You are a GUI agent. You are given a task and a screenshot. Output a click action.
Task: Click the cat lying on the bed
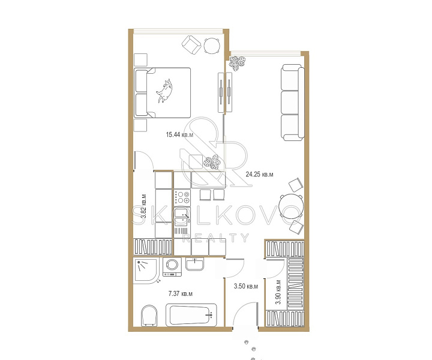tap(165, 91)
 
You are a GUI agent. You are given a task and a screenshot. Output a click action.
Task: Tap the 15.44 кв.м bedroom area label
tap(179, 134)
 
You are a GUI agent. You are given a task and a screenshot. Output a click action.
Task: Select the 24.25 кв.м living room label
tap(260, 175)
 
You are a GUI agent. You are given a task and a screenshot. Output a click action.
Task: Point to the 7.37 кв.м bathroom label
tap(181, 293)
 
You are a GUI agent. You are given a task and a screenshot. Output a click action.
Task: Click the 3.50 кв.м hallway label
tap(246, 286)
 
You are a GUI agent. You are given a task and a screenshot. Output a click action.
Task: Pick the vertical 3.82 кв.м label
tap(143, 206)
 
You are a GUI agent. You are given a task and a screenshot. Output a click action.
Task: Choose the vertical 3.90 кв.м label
tap(278, 292)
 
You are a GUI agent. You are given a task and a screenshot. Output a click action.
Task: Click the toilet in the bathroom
tap(149, 316)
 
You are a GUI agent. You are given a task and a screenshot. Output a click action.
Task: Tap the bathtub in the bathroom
tap(191, 315)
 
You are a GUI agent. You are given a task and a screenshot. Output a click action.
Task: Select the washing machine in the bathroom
tap(172, 266)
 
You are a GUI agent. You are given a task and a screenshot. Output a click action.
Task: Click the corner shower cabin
tap(146, 271)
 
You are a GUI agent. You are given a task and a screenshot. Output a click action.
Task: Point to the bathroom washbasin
tap(195, 264)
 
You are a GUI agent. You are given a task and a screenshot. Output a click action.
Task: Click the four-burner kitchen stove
tap(182, 197)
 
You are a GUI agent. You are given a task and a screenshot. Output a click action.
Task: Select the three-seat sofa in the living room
tap(293, 103)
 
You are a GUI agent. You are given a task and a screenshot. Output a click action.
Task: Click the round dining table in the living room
tap(291, 206)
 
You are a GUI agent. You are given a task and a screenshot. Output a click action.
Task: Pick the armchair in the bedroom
tap(191, 45)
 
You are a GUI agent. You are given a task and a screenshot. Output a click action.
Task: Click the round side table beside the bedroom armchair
tap(212, 46)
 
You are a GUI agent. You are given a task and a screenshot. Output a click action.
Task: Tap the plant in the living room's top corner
tap(236, 63)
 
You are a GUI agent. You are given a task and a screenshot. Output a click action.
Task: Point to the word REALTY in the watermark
tap(215, 238)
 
